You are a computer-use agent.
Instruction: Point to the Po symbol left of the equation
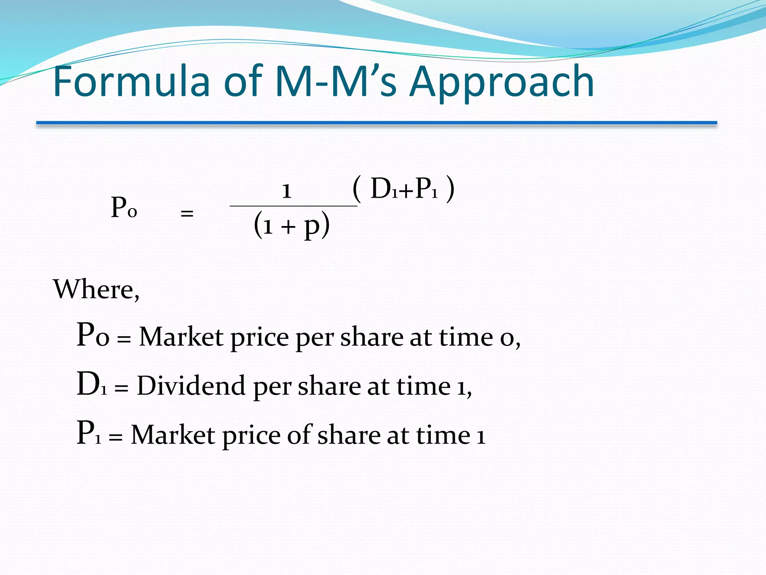124,208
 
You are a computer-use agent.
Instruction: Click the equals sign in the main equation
187,214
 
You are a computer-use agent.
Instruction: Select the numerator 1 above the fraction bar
287,191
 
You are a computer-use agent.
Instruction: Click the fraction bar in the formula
294,206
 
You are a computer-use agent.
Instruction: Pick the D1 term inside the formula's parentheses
383,188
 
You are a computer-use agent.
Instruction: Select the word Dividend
191,386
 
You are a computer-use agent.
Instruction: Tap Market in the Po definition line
181,337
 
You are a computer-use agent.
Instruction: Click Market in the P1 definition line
174,435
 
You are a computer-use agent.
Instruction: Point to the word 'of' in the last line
299,435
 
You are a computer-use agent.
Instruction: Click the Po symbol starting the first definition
93,335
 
